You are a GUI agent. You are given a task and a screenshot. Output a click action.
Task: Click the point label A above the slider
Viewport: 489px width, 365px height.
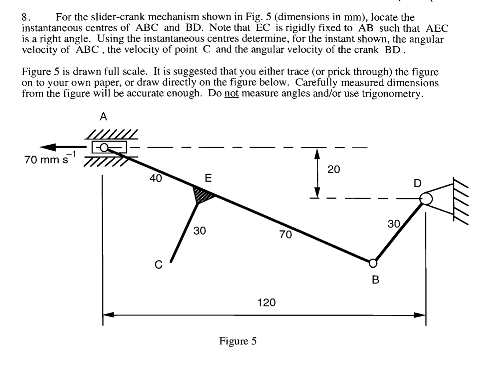[104, 117]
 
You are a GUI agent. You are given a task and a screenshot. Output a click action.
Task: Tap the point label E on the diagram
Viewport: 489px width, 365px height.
[208, 178]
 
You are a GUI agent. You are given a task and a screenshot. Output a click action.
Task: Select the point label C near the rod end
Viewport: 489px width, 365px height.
[158, 265]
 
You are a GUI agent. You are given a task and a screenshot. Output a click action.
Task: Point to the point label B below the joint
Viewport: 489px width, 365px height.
[375, 280]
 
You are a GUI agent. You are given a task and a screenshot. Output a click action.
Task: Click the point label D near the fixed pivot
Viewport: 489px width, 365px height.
[418, 183]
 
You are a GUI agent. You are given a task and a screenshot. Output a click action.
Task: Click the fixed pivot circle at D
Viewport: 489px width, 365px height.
[426, 199]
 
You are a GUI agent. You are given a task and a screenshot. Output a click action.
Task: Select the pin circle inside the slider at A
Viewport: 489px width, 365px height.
[104, 147]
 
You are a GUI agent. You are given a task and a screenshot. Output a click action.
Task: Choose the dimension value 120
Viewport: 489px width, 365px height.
[266, 303]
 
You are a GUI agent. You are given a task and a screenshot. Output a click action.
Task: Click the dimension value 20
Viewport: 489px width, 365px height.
[334, 169]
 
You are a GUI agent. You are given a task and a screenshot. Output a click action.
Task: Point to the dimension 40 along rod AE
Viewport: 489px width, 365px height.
[156, 178]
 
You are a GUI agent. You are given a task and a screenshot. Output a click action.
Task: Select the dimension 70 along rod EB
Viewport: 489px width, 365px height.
[285, 234]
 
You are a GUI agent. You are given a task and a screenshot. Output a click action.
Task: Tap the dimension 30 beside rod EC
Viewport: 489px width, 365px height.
[200, 231]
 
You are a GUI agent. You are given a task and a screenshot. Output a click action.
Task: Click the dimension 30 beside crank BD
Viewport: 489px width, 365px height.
[394, 224]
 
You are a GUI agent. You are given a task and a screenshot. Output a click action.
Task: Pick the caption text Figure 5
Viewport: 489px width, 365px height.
[238, 341]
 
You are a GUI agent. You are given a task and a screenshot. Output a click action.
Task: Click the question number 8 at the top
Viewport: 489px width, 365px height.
[25, 17]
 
